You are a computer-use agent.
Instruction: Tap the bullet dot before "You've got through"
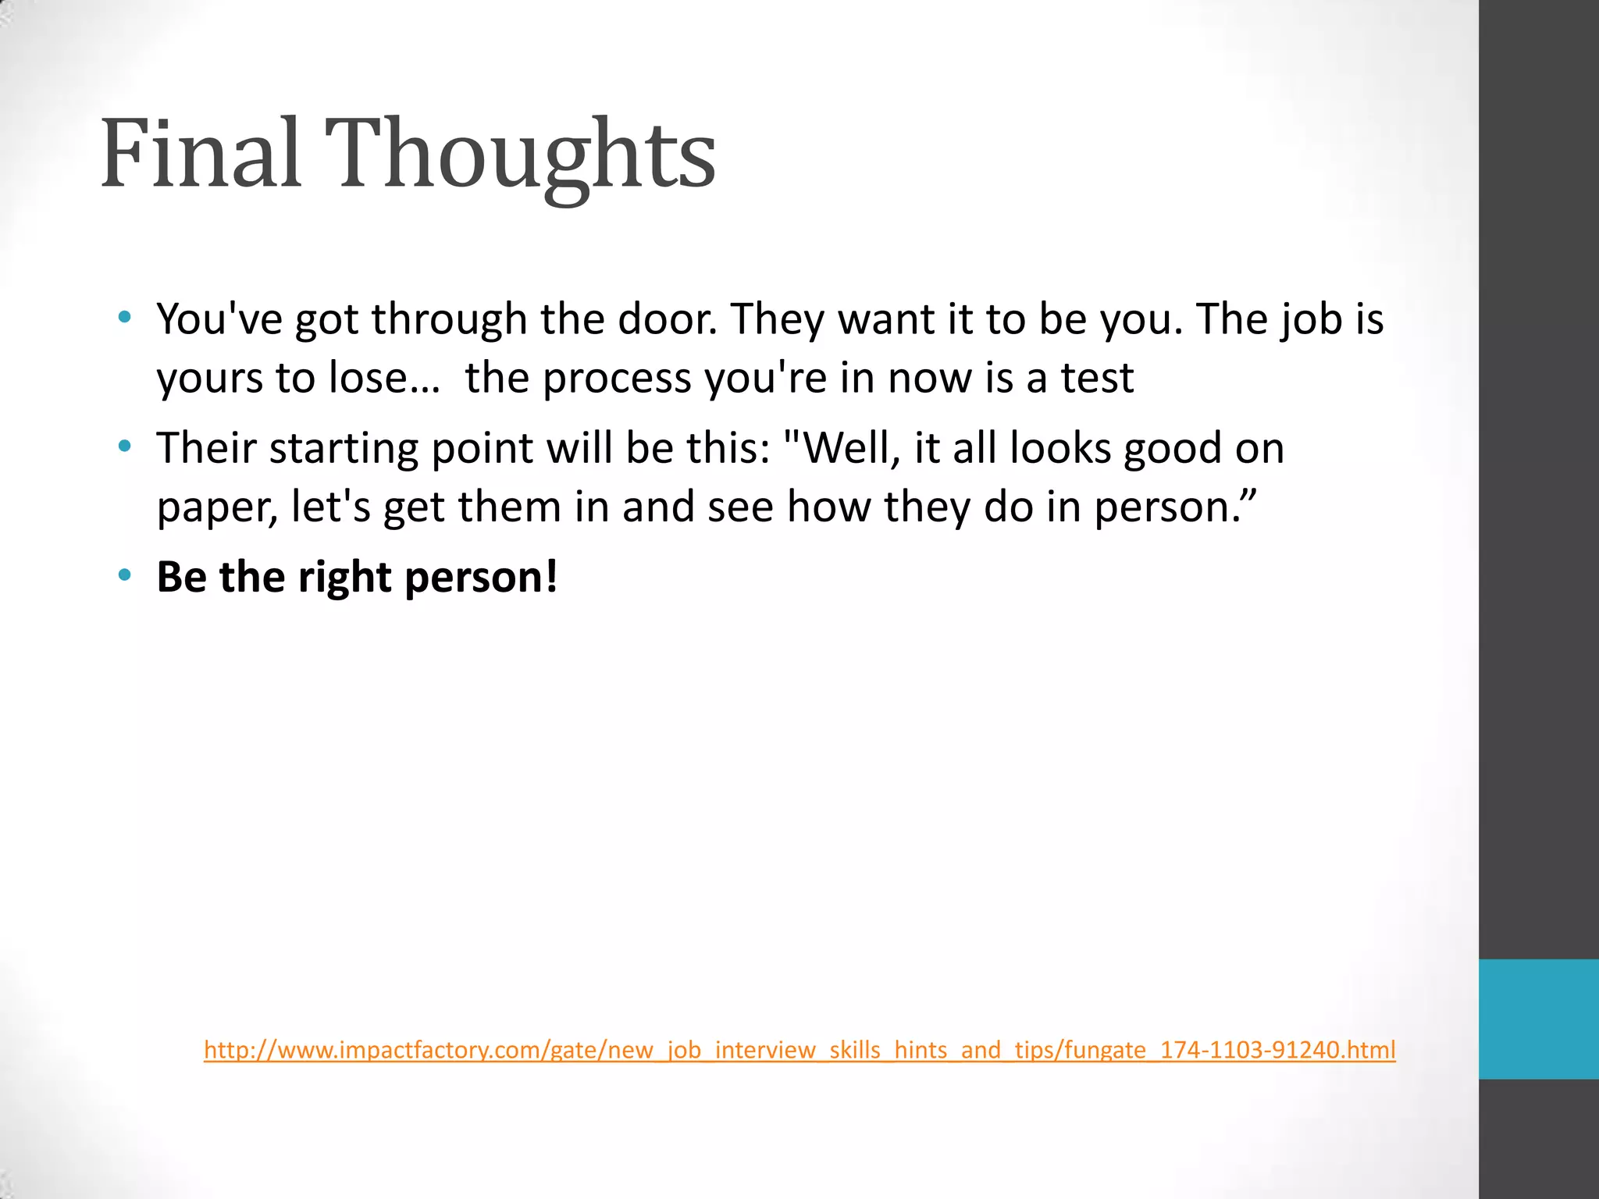(124, 318)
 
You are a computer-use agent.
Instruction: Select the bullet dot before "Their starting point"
(124, 447)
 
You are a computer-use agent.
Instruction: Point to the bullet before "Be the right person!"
(124, 576)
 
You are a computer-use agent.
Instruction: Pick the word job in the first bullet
(1311, 320)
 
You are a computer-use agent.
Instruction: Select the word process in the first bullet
(617, 379)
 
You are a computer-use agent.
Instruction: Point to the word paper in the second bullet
(217, 508)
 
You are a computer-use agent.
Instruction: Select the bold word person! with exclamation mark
(482, 578)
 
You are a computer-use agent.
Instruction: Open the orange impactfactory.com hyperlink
(799, 1049)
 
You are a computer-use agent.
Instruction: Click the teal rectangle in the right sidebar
(1538, 1019)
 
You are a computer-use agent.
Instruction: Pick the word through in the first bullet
(449, 320)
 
